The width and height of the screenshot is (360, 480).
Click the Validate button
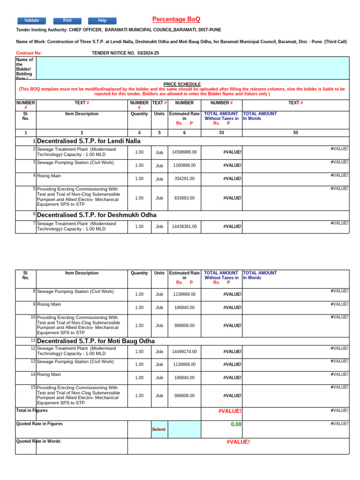click(31, 21)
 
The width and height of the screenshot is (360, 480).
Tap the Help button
click(102, 21)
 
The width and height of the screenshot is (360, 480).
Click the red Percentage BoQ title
click(176, 19)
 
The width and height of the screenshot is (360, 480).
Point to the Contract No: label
click(29, 53)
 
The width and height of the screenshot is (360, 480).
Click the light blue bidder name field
click(192, 68)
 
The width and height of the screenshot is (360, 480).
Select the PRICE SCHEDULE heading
click(182, 84)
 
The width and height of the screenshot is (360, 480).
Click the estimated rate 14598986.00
click(184, 152)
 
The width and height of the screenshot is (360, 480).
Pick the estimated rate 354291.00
click(184, 179)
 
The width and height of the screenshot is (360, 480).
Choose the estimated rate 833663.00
click(184, 198)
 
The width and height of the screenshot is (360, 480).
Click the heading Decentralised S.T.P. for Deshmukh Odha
click(97, 215)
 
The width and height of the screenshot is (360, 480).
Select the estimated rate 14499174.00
click(184, 352)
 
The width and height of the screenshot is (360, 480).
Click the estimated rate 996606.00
click(184, 396)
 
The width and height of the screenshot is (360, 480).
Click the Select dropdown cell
click(158, 429)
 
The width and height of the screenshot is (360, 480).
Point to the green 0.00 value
click(236, 424)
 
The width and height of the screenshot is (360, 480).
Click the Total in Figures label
click(32, 411)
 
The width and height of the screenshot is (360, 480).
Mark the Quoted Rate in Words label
click(38, 442)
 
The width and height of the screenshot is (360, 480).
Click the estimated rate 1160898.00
click(184, 165)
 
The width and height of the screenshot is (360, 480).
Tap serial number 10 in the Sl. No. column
click(33, 317)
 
